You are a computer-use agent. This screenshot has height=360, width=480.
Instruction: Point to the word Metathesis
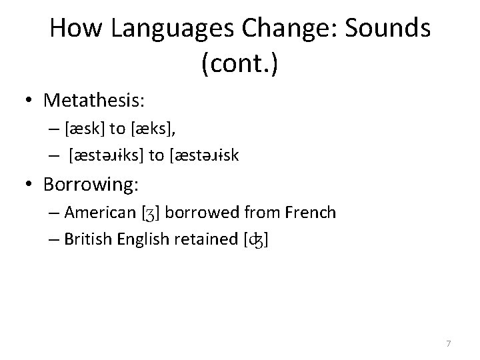(x=94, y=101)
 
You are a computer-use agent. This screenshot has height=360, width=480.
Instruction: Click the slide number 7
(x=448, y=343)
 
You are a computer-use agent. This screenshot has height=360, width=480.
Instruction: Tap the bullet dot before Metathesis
(x=29, y=101)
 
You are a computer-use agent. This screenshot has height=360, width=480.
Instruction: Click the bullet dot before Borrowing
(x=29, y=183)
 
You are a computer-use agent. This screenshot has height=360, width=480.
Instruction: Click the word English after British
(x=142, y=239)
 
